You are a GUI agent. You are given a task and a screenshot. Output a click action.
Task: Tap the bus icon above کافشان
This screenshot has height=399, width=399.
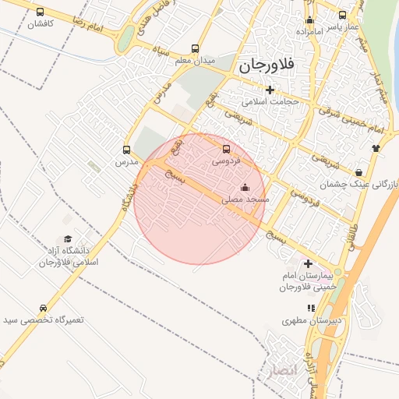(x=41, y=12)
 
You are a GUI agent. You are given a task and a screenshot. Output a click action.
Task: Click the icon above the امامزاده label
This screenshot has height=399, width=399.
(x=309, y=20)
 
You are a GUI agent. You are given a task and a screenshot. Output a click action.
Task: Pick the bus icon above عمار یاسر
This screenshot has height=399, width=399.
(x=343, y=15)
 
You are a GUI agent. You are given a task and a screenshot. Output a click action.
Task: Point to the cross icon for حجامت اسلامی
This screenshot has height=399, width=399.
(x=270, y=90)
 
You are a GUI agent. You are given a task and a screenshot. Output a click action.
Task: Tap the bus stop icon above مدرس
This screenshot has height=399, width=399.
(x=127, y=150)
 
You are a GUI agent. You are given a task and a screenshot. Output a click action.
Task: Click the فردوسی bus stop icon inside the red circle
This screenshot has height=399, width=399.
(x=227, y=149)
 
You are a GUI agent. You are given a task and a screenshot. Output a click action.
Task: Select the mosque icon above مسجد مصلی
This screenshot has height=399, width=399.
(x=245, y=187)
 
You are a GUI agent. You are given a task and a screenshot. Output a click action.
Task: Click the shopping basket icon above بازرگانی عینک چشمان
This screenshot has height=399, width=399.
(x=358, y=171)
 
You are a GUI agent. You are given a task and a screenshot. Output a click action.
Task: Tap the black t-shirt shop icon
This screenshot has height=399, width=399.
(x=376, y=147)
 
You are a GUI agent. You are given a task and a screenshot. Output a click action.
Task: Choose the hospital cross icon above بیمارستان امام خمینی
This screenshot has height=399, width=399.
(x=309, y=263)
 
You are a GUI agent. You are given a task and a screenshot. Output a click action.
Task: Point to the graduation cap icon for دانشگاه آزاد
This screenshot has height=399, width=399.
(x=68, y=238)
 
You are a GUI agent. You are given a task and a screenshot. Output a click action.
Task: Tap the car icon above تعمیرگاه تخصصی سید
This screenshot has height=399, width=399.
(x=43, y=308)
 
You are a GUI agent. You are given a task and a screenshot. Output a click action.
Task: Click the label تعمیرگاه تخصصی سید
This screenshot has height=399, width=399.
(x=43, y=320)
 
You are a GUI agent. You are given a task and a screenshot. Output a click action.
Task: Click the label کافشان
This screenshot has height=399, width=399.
(x=40, y=24)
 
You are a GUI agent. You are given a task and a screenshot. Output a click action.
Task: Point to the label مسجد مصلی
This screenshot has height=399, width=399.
(x=245, y=199)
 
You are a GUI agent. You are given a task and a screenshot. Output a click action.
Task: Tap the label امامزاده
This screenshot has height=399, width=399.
(x=310, y=32)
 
